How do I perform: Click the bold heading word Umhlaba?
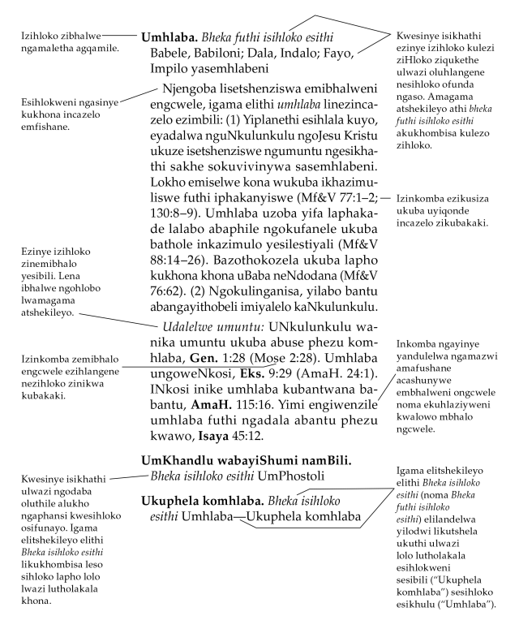pos(166,37)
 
